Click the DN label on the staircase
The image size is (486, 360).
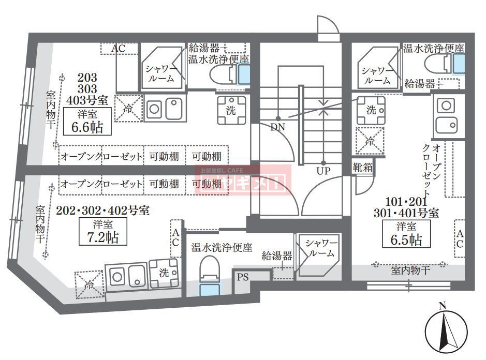pos(277,126)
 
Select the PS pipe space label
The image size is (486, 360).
pos(243,277)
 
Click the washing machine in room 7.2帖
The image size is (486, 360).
pos(164,273)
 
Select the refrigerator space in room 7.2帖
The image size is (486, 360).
pos(89,284)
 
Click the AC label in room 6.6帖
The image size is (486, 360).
pos(119,48)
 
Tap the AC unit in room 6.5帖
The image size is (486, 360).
pos(459,238)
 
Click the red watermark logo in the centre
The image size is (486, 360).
pos(243,181)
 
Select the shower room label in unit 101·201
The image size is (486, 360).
pos(377,76)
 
